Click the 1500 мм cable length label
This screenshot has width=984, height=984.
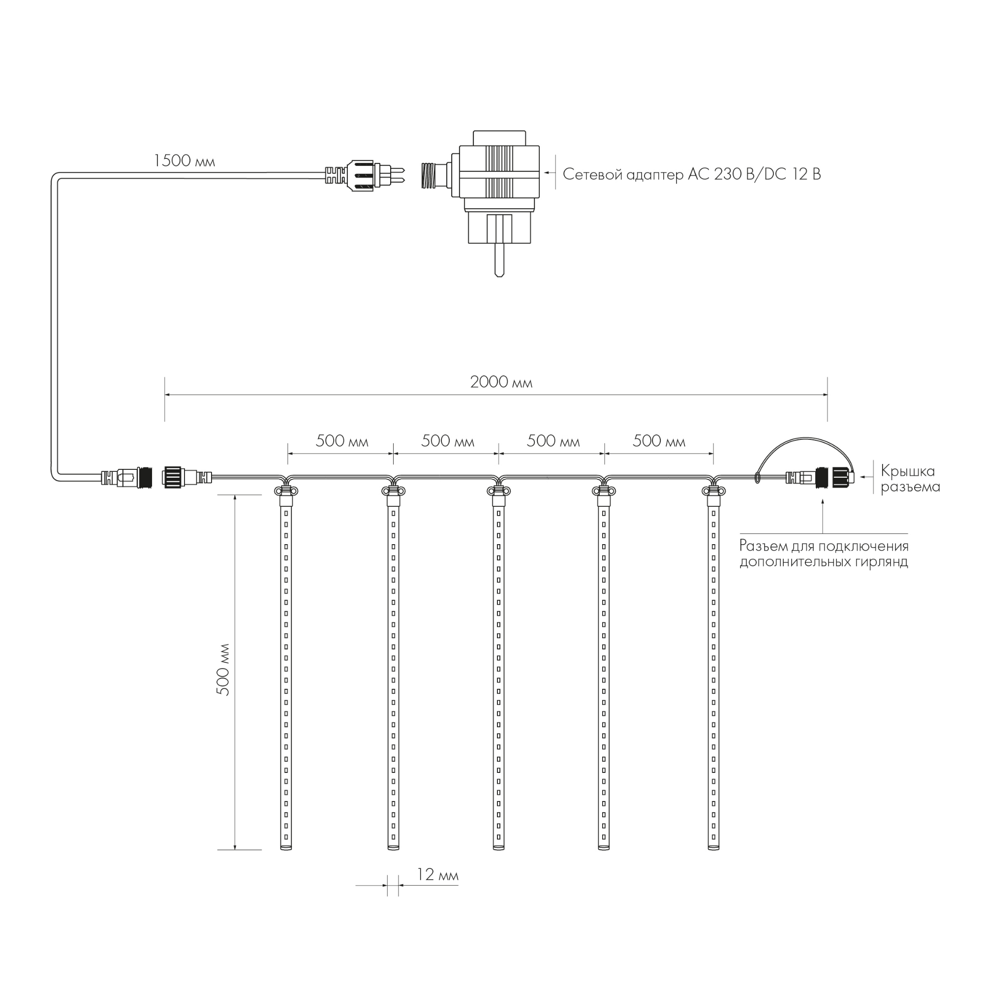point(184,161)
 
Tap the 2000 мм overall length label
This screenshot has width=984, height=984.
point(501,382)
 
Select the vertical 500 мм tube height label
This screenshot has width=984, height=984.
point(223,670)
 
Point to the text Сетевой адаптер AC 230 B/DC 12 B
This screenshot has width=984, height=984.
point(692,175)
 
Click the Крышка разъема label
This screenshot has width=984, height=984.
point(910,479)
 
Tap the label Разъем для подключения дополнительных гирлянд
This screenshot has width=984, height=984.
point(824,553)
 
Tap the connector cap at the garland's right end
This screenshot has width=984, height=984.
point(843,478)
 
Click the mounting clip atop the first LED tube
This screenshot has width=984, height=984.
point(286,491)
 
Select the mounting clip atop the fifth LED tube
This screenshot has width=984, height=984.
point(713,491)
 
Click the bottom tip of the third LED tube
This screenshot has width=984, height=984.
point(498,848)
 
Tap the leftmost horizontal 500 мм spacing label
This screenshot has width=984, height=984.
point(342,441)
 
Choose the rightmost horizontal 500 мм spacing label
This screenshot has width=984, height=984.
point(659,441)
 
